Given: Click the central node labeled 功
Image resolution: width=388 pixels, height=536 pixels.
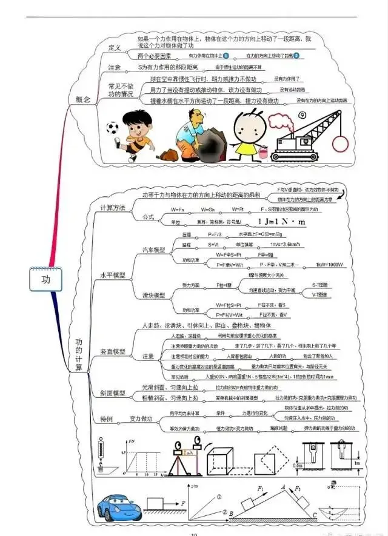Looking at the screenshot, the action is pos(45,279).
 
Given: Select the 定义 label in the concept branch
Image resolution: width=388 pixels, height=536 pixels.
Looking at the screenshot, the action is pos(115,47).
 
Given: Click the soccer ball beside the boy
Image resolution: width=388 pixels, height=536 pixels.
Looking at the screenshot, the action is pos(112,128).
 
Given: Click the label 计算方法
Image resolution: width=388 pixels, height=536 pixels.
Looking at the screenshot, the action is pos(113,208).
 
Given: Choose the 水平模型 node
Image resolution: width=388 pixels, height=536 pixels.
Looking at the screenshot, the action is pos(113,274).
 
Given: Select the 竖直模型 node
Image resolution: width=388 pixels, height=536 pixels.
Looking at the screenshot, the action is pos(113,352).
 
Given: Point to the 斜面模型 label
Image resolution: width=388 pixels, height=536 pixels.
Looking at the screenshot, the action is pos(113,393).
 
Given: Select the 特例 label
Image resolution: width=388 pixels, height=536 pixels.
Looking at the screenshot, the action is pos(106,419).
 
